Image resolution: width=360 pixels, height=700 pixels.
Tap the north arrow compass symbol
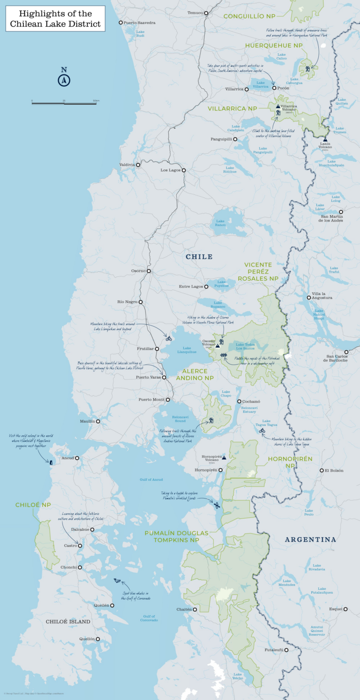coord(64,80)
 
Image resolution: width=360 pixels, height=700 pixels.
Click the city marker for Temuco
coord(206,13)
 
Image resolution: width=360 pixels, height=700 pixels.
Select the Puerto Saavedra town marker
coord(120,22)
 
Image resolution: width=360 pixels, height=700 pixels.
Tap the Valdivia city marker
coord(138,164)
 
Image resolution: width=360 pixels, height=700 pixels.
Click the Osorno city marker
coord(149,271)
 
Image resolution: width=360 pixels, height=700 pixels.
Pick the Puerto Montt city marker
coord(168,400)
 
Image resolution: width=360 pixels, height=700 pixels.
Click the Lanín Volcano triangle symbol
coord(325,140)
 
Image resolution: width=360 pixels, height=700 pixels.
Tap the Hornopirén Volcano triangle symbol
coord(224,457)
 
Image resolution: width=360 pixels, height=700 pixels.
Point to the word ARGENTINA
coord(310,539)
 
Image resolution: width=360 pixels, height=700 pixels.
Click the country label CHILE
coord(199,257)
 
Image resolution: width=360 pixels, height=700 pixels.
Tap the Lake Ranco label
coord(220,223)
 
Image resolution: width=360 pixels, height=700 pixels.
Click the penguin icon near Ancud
coord(51,462)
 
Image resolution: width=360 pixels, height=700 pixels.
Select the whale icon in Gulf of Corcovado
coord(117,581)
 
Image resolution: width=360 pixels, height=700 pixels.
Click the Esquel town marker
coord(345,609)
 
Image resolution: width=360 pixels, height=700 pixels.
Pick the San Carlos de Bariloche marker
coord(346,352)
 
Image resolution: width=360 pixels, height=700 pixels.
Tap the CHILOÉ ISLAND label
coord(68,621)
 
